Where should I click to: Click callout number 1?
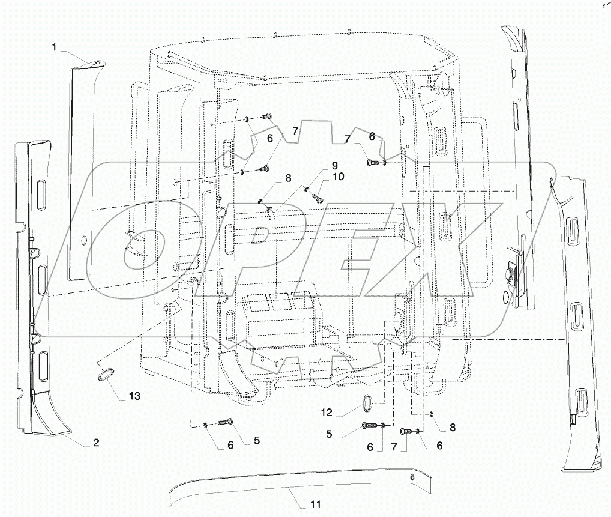(54, 47)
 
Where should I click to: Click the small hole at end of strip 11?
(412, 477)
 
